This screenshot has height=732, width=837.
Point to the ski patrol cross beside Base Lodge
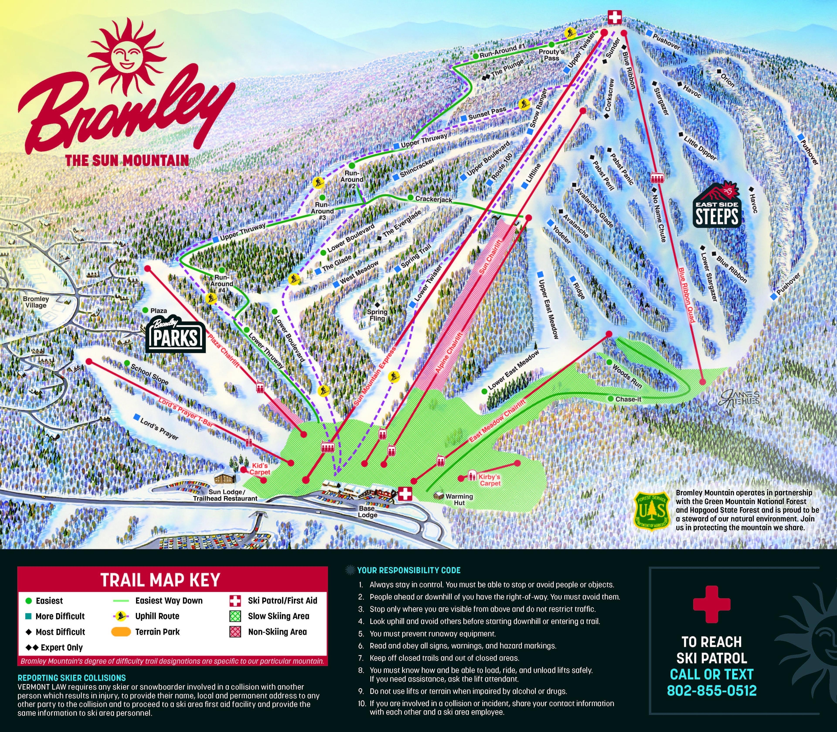tap(405, 493)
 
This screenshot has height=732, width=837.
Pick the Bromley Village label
tap(36, 302)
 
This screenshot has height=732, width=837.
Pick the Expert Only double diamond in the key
tap(32, 647)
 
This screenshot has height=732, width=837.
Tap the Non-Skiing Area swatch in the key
tap(235, 632)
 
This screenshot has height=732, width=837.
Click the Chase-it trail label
tap(628, 399)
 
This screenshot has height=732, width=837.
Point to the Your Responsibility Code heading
tap(409, 570)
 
